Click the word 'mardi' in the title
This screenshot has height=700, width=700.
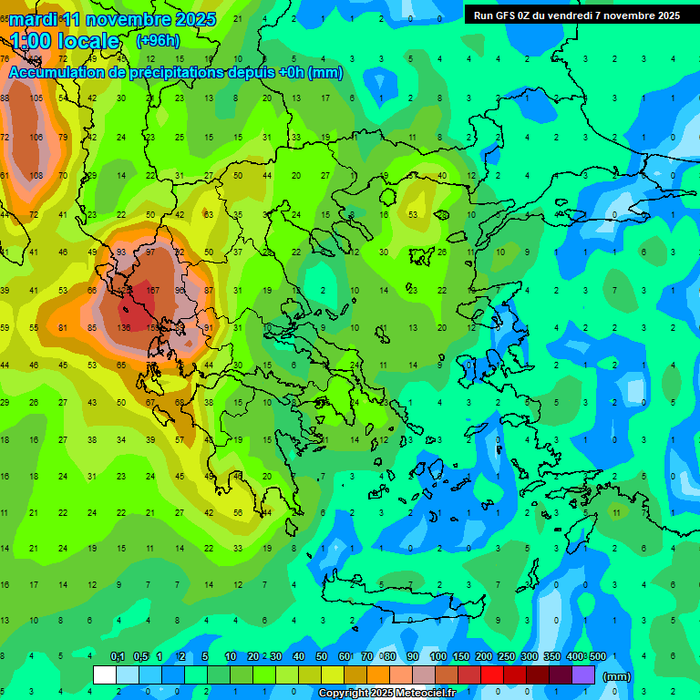coord(33,19)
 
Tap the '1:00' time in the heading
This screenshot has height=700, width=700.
coord(31,41)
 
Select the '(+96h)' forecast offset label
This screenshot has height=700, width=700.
coord(158,40)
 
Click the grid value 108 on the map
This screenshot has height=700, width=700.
coord(36,176)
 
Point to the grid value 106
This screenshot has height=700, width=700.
coord(36,138)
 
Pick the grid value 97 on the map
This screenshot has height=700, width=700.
coord(150,252)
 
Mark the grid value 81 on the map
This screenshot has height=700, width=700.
coord(63,327)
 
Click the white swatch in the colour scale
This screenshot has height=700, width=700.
coord(105,674)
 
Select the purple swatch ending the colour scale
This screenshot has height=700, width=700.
coord(583,674)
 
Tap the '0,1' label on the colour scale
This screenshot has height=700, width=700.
coord(117,656)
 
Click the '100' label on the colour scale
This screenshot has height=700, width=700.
coord(437,656)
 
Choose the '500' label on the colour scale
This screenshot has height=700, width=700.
coord(597,656)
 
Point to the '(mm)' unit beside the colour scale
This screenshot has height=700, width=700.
coord(617,676)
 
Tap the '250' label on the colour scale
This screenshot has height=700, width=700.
coord(506,656)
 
